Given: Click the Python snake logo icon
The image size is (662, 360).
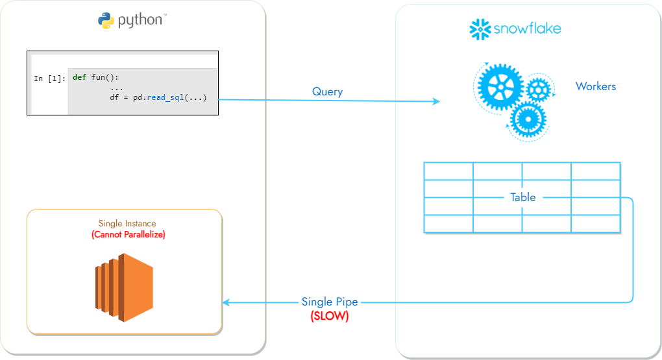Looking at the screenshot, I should pyautogui.click(x=106, y=21).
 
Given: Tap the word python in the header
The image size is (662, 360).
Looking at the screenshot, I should pyautogui.click(x=140, y=20).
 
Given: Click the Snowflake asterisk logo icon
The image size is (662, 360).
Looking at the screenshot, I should pyautogui.click(x=479, y=29).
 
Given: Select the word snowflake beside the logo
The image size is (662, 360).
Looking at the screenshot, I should pyautogui.click(x=526, y=29).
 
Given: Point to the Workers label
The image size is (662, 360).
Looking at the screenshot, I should pyautogui.click(x=595, y=86).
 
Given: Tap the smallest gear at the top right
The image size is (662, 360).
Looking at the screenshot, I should pyautogui.click(x=539, y=89).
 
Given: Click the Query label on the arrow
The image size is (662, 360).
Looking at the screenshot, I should pyautogui.click(x=327, y=91).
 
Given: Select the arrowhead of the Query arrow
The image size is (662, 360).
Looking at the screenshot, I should pyautogui.click(x=435, y=101).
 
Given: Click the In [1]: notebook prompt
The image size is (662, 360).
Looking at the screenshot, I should pyautogui.click(x=49, y=78).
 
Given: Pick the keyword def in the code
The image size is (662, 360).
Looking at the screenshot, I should pyautogui.click(x=79, y=77).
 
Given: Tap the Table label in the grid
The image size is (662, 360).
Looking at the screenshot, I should pyautogui.click(x=522, y=197).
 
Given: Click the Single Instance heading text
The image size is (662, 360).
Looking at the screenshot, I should pyautogui.click(x=127, y=223).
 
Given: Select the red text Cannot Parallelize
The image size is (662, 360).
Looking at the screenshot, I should pyautogui.click(x=129, y=234).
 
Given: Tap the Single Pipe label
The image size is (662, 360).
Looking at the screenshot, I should pyautogui.click(x=329, y=302).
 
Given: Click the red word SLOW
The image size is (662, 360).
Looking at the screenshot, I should pyautogui.click(x=329, y=316).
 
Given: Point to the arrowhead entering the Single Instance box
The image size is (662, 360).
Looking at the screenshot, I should pyautogui.click(x=227, y=302).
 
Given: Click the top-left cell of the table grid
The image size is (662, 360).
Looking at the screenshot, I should pyautogui.click(x=448, y=171).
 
